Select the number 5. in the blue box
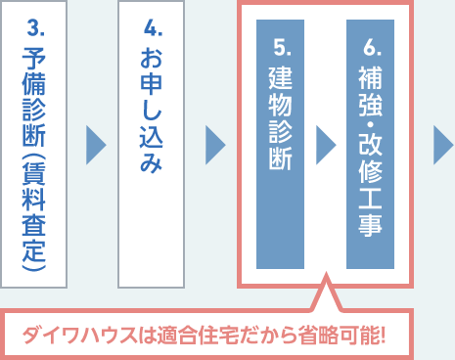[280, 45]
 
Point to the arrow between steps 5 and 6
[325, 145]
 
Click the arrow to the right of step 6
[443, 145]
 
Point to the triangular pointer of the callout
[324, 297]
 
